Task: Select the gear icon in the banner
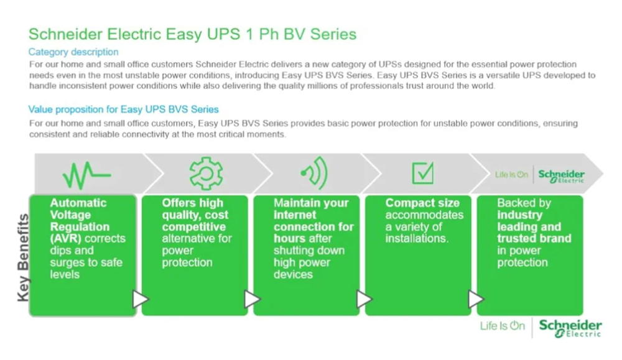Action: coord(206,173)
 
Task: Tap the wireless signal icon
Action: coord(315,173)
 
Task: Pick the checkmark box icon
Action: coord(423,173)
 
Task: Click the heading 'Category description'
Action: coord(73,52)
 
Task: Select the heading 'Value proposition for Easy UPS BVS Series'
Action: coord(123,109)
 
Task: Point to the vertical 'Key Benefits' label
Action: coord(24,257)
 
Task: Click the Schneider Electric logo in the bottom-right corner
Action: coord(570,328)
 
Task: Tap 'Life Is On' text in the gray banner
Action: coord(511,175)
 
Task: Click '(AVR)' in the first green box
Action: coord(65,238)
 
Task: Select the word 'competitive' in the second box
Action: coord(193,227)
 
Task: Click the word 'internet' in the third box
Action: coord(295,215)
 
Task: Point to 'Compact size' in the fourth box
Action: coord(422,203)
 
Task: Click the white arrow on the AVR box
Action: coord(141,299)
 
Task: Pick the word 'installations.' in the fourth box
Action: coord(417,238)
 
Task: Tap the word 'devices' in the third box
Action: coord(293,274)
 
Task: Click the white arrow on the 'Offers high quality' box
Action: coord(252,299)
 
